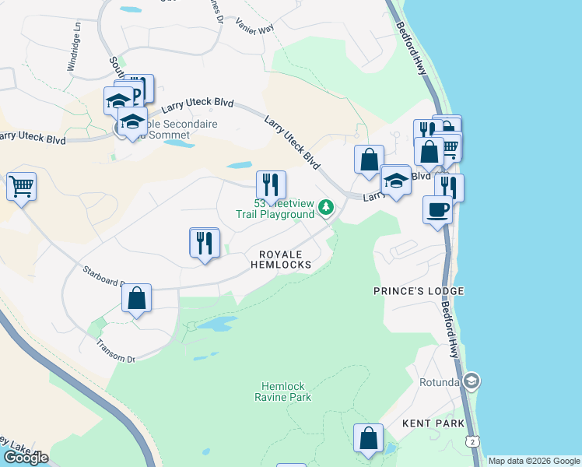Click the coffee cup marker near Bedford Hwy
(x=436, y=209)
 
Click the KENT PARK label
(x=433, y=423)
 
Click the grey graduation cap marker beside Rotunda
(x=471, y=381)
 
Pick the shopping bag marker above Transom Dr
(x=136, y=299)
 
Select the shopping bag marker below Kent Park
(x=368, y=438)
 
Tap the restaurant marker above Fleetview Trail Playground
(x=271, y=184)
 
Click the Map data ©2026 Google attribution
(x=533, y=461)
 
